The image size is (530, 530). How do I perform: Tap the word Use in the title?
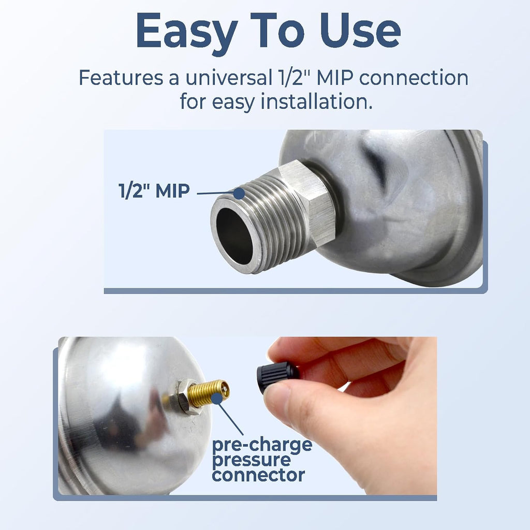click(x=360, y=31)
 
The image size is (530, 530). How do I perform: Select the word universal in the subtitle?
click(x=229, y=78)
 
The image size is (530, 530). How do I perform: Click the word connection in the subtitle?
click(x=414, y=78)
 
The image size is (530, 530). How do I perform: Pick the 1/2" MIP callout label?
click(x=154, y=190)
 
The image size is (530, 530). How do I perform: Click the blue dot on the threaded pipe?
click(x=239, y=194)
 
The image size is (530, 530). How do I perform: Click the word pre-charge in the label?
click(x=262, y=445)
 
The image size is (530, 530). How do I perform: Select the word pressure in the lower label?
click(x=251, y=460)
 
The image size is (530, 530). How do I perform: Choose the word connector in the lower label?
click(x=258, y=475)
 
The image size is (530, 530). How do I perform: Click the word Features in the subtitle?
click(x=121, y=78)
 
